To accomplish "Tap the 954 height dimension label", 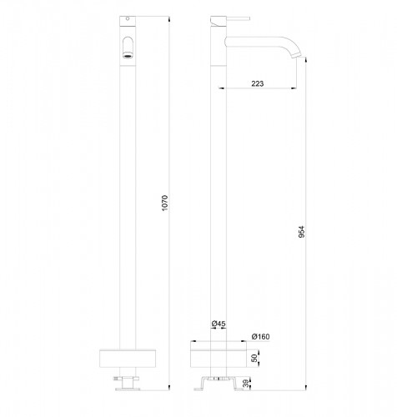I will pyautogui.click(x=303, y=231).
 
